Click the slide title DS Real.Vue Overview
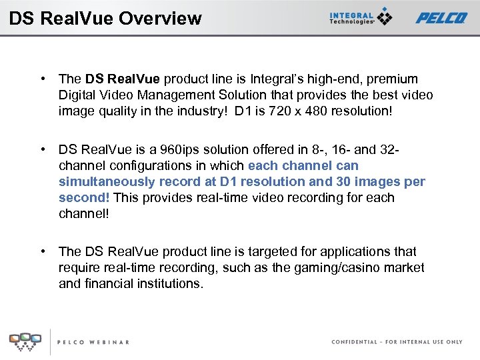pos(105,18)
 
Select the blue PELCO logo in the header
pos(441,17)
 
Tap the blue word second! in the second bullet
pos(84,197)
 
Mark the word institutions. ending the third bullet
pos(171,283)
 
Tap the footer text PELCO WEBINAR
pos(93,342)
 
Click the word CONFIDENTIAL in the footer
pos(354,342)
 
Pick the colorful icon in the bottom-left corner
pos(25,341)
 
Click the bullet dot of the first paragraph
pos(43,79)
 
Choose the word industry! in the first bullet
pos(201,111)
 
